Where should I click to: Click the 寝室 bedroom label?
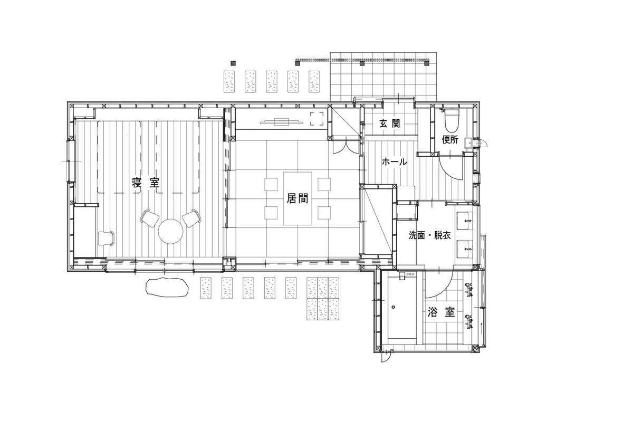click(x=146, y=183)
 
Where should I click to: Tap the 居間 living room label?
click(x=298, y=198)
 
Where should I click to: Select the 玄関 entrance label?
click(x=390, y=123)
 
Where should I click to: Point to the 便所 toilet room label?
click(x=450, y=140)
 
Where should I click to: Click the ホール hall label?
click(x=395, y=162)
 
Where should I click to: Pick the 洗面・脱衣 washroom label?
click(x=430, y=235)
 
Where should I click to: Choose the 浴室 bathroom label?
click(x=441, y=312)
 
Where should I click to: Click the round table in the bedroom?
click(x=171, y=231)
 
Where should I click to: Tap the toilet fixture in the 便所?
click(x=452, y=121)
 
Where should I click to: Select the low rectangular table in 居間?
click(x=298, y=198)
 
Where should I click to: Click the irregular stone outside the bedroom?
click(x=167, y=287)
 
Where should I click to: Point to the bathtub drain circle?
click(x=393, y=307)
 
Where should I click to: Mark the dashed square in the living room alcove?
click(x=317, y=119)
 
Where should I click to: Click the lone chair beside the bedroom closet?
click(x=106, y=239)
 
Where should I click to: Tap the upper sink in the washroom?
click(x=464, y=220)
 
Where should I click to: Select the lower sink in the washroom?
click(x=464, y=249)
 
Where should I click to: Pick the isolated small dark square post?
click(x=233, y=63)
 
